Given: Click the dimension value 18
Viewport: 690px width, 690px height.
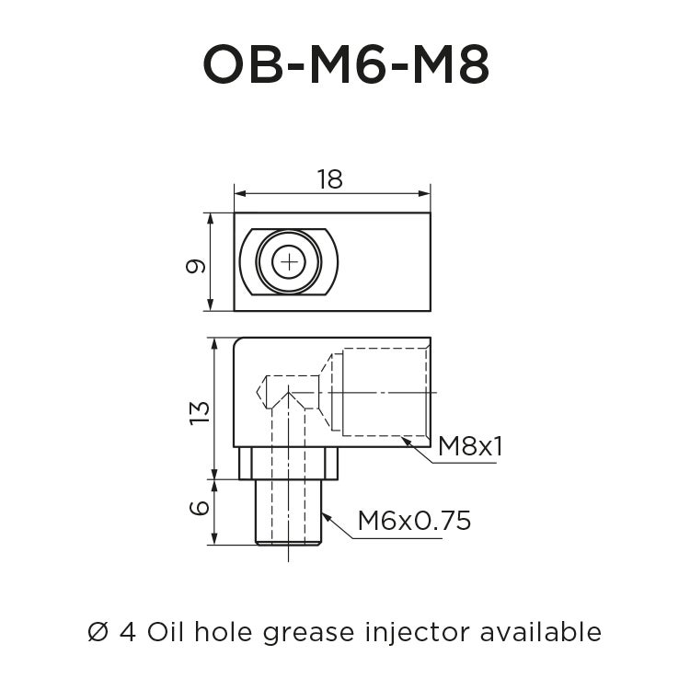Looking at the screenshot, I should click(x=329, y=179).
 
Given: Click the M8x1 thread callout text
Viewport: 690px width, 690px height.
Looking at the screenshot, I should click(x=470, y=447).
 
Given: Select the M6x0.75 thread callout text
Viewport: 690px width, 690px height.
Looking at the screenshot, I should click(x=414, y=521).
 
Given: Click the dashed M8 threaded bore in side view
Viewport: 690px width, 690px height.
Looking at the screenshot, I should click(x=385, y=392).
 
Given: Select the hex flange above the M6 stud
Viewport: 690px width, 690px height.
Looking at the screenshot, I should click(x=289, y=463).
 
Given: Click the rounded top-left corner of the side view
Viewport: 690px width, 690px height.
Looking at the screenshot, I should click(x=239, y=343).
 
